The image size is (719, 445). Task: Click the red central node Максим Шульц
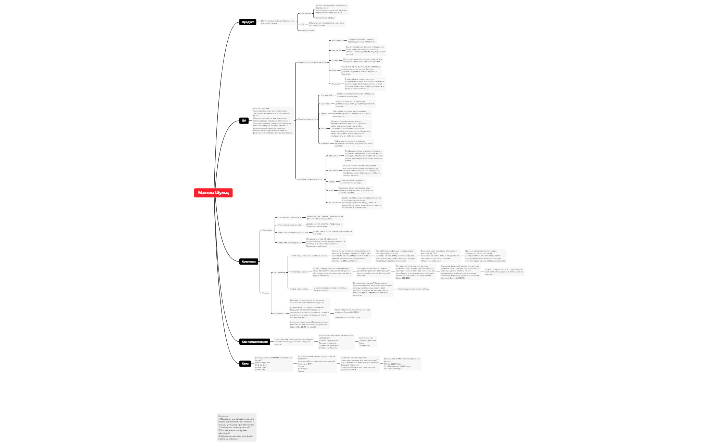coord(213,193)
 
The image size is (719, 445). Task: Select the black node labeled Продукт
coord(248,22)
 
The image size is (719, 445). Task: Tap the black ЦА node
coord(244,120)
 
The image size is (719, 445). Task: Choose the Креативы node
coord(248,262)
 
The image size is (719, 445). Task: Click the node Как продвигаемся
coord(254,342)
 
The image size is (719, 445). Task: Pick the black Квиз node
coord(245,364)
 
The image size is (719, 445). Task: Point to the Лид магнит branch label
coord(305,13)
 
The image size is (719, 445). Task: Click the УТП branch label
coord(302,24)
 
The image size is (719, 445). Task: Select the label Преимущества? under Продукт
coord(307,30)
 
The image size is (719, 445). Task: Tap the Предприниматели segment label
coord(307,119)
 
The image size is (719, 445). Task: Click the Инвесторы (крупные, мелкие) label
coord(312,62)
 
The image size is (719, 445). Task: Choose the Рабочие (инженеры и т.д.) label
coord(311,179)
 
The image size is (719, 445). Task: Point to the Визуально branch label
coord(267,230)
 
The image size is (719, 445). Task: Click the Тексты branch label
coord(265,293)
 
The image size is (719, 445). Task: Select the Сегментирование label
coord(299,272)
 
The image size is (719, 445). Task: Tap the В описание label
coord(279,314)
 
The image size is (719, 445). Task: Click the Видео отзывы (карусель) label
coord(289,243)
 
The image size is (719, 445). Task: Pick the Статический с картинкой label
coord(289,225)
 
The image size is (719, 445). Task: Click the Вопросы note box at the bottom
coord(237,427)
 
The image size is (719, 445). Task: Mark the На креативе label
coord(279,272)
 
